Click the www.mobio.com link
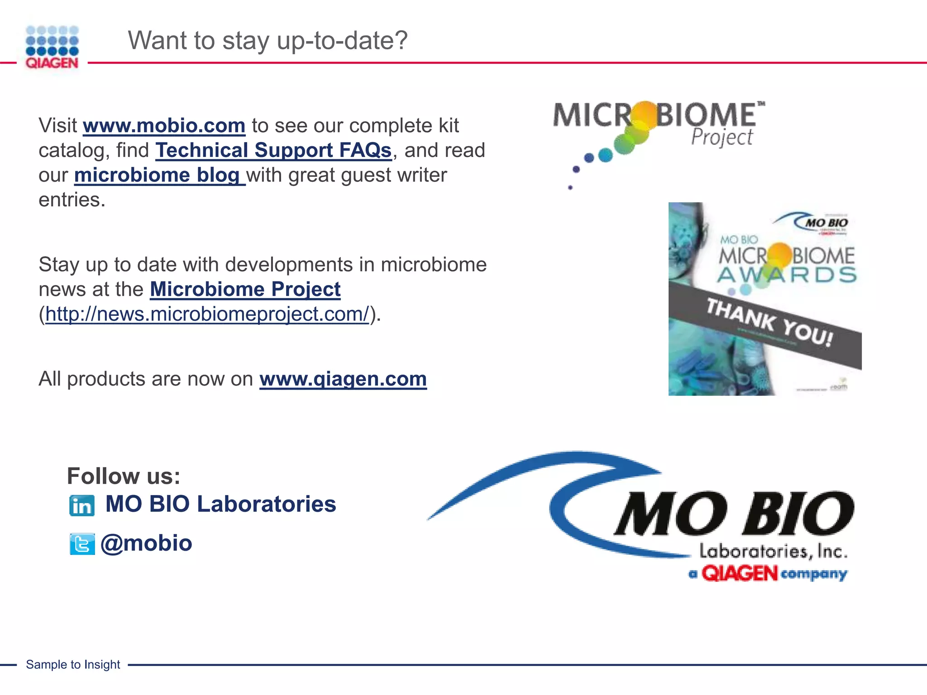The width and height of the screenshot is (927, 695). [164, 126]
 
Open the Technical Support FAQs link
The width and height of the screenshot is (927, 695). [273, 151]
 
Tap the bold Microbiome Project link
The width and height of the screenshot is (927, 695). [245, 290]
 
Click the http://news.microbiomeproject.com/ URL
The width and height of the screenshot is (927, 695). [207, 314]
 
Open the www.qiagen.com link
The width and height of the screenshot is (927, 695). [343, 379]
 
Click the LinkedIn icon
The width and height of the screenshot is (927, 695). [82, 505]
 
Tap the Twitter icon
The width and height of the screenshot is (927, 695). [82, 544]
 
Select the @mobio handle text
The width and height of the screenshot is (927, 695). [146, 543]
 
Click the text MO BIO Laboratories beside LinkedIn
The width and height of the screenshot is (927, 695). [220, 504]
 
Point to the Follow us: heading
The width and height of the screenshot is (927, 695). [124, 476]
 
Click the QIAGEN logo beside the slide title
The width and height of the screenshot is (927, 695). [52, 47]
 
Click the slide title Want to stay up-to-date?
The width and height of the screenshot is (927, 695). [268, 40]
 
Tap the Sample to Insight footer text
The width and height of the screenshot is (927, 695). [73, 665]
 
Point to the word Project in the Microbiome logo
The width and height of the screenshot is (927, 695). [722, 137]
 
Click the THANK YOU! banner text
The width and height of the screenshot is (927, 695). [769, 322]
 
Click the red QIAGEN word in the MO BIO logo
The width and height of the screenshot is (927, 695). [739, 574]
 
